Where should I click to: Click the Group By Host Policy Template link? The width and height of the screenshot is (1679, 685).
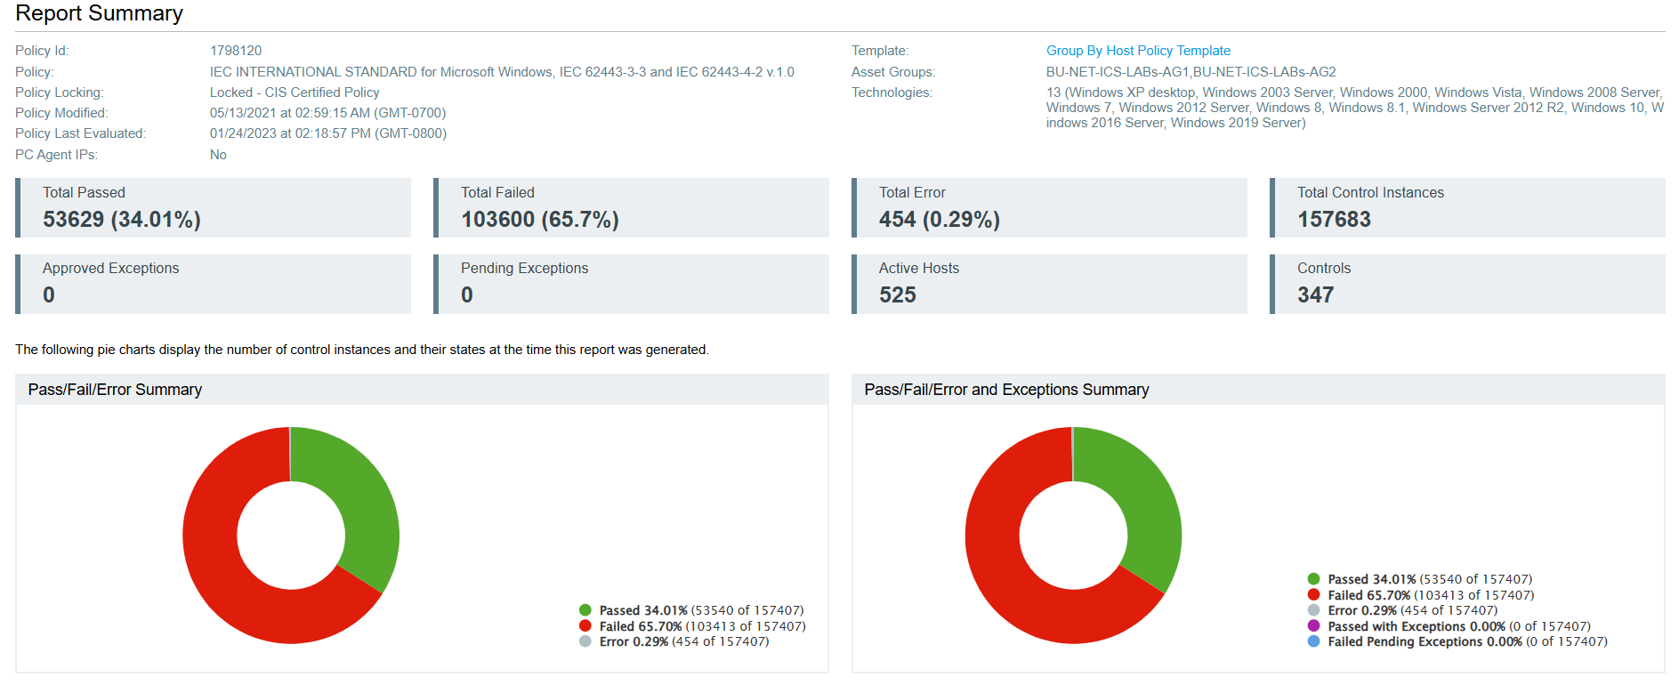pyautogui.click(x=1138, y=51)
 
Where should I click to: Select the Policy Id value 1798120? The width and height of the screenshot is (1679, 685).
pyautogui.click(x=236, y=51)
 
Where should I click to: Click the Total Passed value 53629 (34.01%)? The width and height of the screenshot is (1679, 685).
pyautogui.click(x=122, y=220)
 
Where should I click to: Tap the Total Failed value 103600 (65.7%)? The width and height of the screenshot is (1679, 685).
pyautogui.click(x=539, y=220)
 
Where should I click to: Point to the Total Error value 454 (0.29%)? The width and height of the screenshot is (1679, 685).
pyautogui.click(x=939, y=220)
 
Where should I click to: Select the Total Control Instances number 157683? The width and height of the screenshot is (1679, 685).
pyautogui.click(x=1334, y=220)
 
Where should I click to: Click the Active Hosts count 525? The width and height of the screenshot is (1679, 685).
pyautogui.click(x=897, y=295)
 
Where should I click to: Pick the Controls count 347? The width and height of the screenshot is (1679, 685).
pyautogui.click(x=1315, y=295)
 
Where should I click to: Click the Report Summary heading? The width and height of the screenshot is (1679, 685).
pyautogui.click(x=99, y=13)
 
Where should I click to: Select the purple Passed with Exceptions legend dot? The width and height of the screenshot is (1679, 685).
pyautogui.click(x=1313, y=626)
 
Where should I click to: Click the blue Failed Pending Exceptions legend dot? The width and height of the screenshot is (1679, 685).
pyautogui.click(x=1313, y=641)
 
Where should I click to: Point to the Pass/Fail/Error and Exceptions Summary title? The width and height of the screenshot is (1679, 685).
pyautogui.click(x=1006, y=390)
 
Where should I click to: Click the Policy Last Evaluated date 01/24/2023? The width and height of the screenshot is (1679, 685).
pyautogui.click(x=243, y=133)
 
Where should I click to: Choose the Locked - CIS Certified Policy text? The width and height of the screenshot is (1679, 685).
pyautogui.click(x=295, y=93)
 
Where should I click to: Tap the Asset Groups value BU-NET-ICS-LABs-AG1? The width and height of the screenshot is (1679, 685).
pyautogui.click(x=1118, y=72)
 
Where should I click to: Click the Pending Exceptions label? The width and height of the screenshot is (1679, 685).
pyautogui.click(x=524, y=269)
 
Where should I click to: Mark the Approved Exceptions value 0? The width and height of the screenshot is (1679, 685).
pyautogui.click(x=49, y=295)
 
